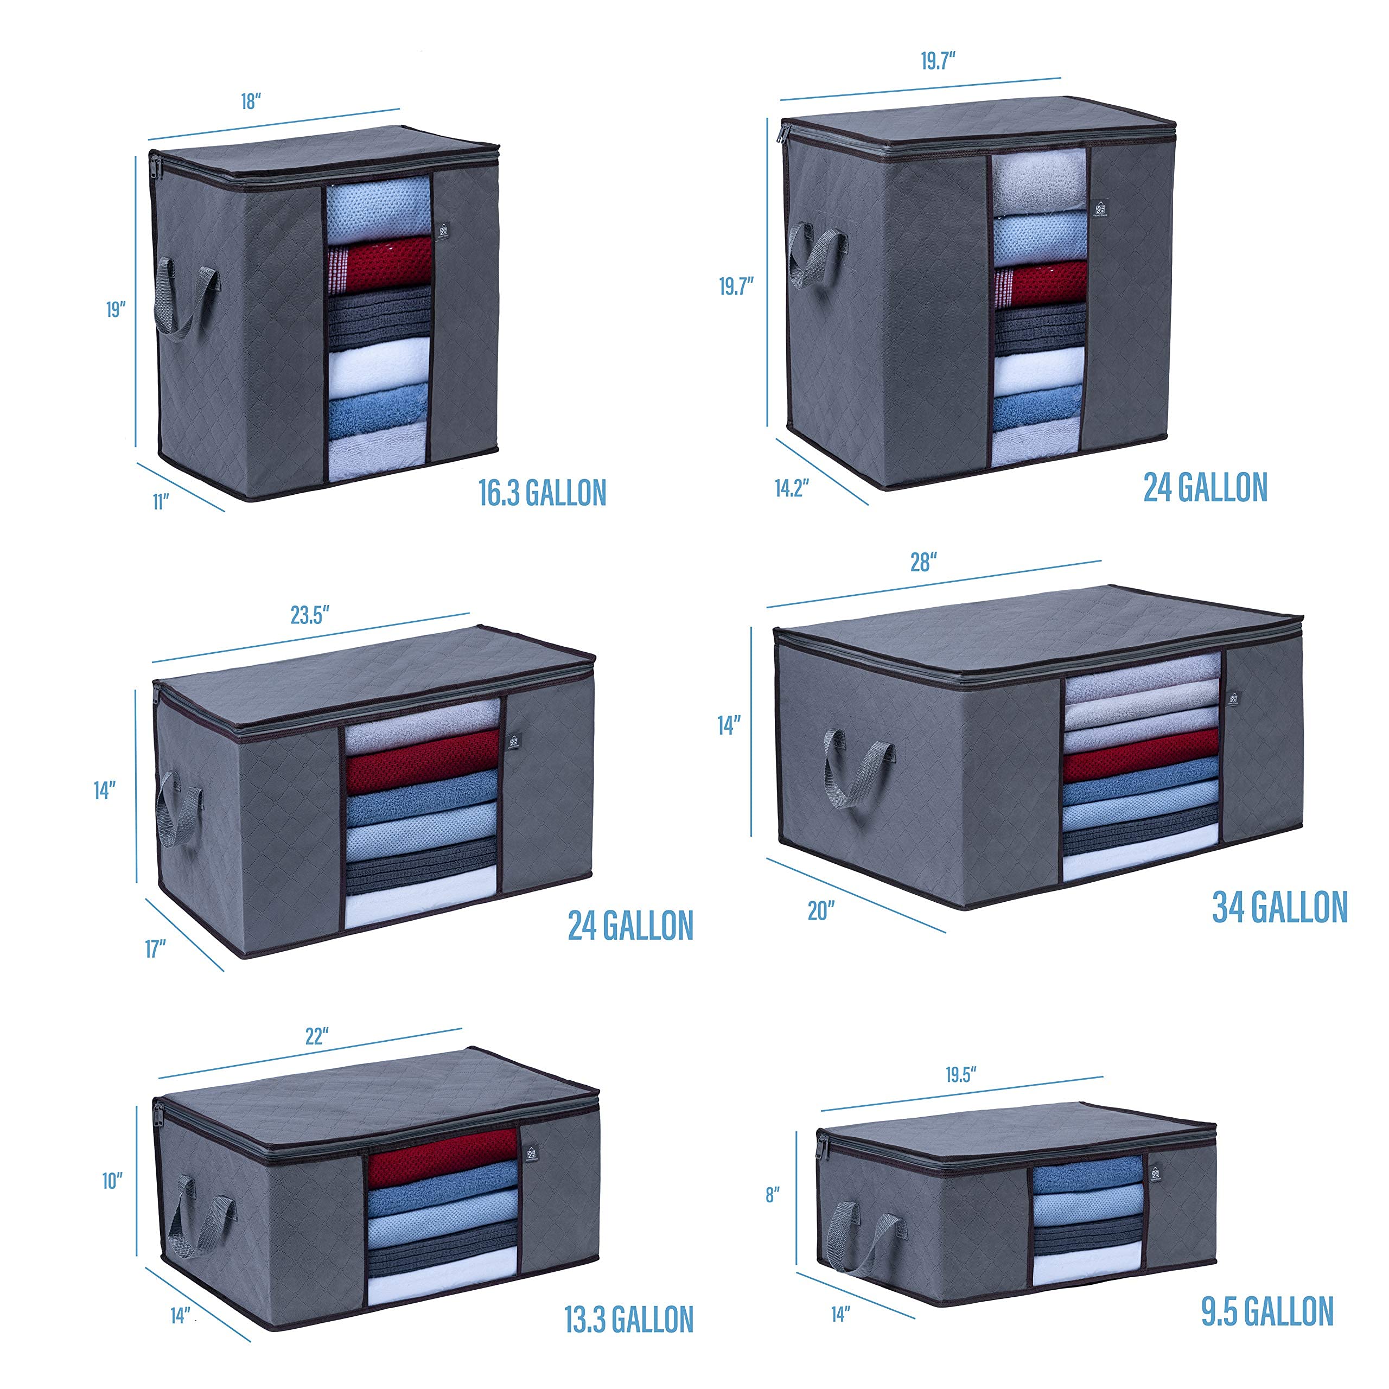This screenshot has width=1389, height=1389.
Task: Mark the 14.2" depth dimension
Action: click(x=792, y=488)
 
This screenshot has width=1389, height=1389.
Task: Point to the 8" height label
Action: click(x=773, y=1195)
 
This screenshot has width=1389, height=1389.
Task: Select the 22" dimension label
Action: click(x=316, y=1036)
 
